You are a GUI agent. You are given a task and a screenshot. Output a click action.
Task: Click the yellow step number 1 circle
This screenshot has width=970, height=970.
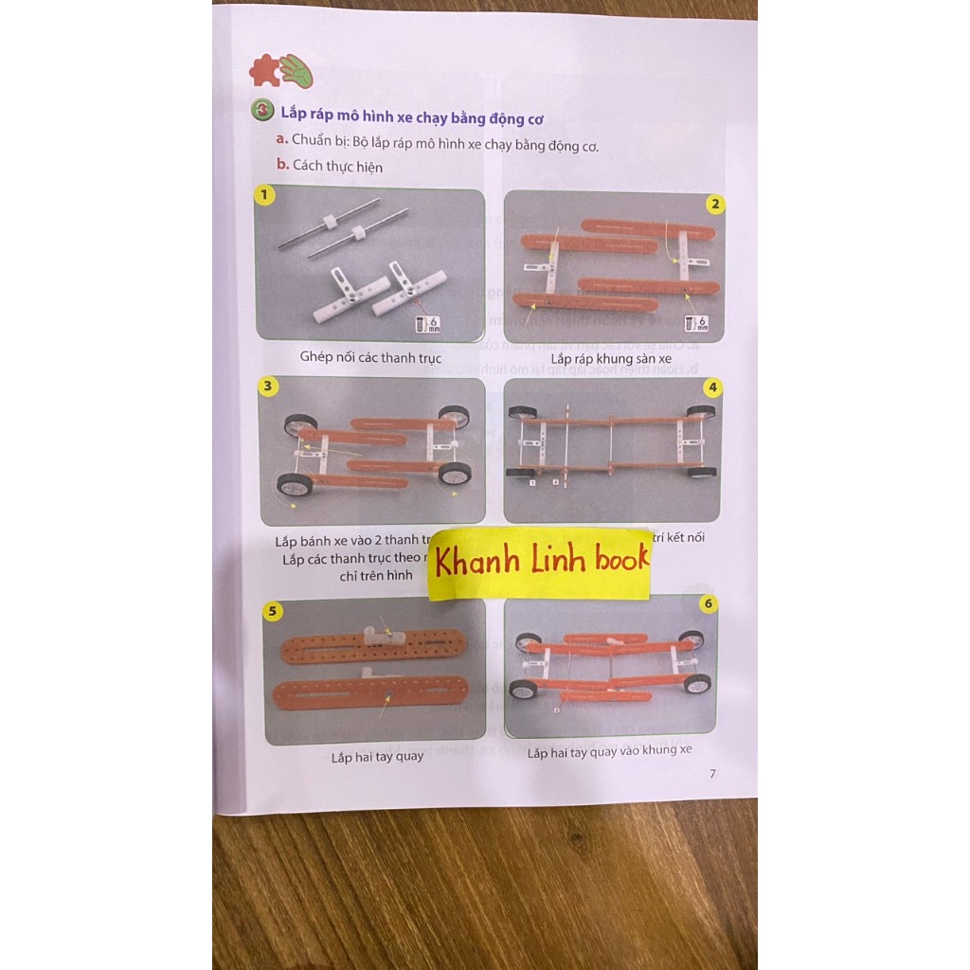(x=266, y=195)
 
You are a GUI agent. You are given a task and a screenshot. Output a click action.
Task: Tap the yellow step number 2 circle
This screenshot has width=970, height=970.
(x=715, y=204)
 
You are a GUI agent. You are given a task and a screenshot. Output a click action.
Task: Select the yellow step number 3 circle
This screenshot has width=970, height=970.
(x=269, y=386)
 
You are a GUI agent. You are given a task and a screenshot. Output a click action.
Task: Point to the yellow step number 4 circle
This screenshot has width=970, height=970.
(x=713, y=386)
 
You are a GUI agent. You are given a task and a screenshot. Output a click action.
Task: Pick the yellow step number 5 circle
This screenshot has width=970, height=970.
(x=273, y=611)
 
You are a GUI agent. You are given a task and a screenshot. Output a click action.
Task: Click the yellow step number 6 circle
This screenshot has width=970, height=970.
(x=708, y=603)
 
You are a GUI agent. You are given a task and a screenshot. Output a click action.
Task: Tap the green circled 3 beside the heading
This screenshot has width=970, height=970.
(x=262, y=111)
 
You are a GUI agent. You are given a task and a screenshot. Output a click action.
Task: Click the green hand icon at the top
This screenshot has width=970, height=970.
(x=296, y=70)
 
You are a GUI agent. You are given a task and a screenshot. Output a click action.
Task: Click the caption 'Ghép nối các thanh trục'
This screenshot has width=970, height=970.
(x=370, y=357)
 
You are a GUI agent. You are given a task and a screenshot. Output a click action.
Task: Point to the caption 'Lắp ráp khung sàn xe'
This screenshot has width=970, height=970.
(x=611, y=359)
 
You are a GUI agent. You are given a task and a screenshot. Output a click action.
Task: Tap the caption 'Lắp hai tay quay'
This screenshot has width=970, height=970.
(x=377, y=756)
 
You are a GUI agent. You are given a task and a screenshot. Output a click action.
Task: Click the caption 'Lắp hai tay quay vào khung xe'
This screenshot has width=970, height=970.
(x=609, y=751)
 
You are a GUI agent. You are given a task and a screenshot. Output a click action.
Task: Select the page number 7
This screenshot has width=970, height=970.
(x=712, y=774)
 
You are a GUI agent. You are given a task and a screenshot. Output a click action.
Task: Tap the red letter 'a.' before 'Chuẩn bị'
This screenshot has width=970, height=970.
(x=281, y=139)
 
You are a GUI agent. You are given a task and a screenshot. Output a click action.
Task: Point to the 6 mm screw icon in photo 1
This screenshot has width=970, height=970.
(x=428, y=325)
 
